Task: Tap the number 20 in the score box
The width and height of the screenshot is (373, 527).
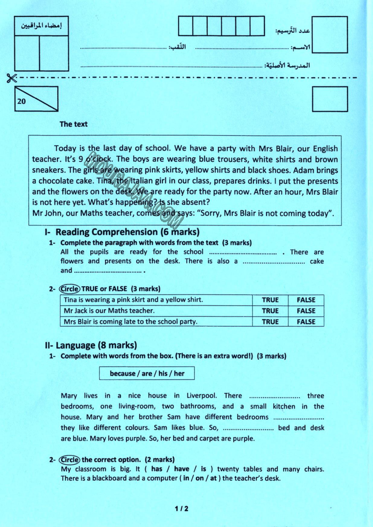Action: click(x=22, y=101)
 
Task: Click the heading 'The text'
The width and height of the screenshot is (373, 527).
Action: click(x=74, y=124)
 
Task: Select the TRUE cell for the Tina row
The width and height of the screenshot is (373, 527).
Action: click(x=270, y=300)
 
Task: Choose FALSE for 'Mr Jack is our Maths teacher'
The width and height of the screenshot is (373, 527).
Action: click(x=306, y=311)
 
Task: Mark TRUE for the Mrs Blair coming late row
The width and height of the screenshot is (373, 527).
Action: click(x=270, y=322)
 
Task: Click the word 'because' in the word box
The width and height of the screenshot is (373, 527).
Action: click(x=122, y=373)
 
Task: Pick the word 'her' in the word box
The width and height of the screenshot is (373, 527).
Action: click(x=179, y=373)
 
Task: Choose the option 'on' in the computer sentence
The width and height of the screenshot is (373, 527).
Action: click(x=200, y=478)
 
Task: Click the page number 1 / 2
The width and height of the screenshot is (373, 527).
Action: click(x=181, y=509)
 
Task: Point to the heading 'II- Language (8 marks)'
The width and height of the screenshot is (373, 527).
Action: click(x=91, y=345)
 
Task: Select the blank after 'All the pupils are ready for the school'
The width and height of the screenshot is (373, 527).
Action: click(x=243, y=252)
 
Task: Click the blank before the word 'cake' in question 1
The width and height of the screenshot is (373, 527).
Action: click(x=274, y=261)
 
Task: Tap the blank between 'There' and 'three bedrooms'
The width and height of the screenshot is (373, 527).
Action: click(x=275, y=396)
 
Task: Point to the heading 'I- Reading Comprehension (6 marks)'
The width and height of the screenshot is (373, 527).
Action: click(x=122, y=232)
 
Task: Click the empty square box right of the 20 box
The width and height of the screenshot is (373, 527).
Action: click(x=330, y=99)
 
